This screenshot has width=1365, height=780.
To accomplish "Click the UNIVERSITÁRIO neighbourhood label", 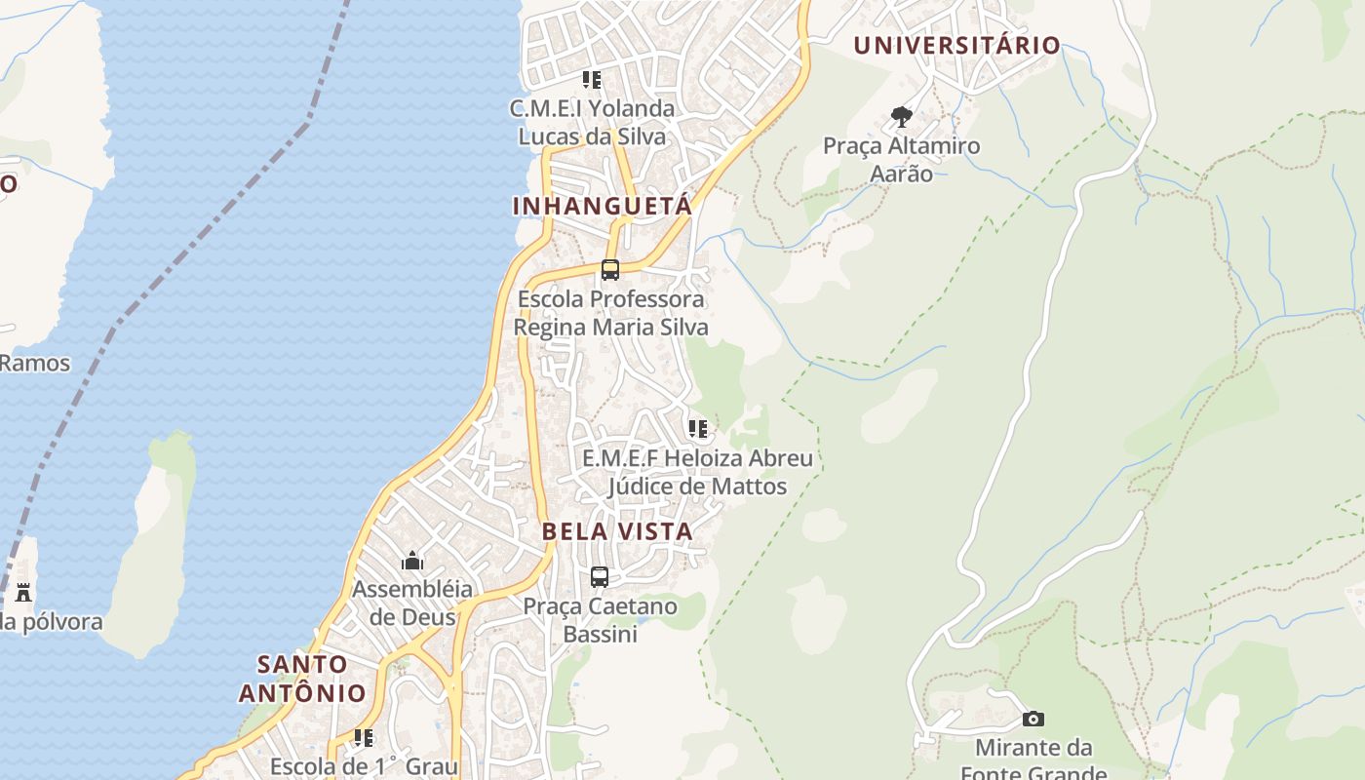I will pyautogui.click(x=956, y=45).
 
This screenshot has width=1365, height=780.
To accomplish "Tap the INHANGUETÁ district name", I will pyautogui.click(x=602, y=206).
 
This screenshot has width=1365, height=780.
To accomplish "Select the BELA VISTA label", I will pyautogui.click(x=616, y=531).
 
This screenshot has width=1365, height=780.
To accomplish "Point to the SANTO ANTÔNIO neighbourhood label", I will pyautogui.click(x=302, y=679).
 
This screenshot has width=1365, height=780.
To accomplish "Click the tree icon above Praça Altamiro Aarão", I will pyautogui.click(x=902, y=118).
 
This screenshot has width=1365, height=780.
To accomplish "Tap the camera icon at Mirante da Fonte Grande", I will pyautogui.click(x=1033, y=720).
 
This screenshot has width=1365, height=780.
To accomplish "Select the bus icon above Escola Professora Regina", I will pyautogui.click(x=610, y=270).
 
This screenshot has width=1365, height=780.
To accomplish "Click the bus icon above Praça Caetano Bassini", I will pyautogui.click(x=600, y=577).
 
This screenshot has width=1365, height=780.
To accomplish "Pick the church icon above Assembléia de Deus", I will pyautogui.click(x=412, y=561).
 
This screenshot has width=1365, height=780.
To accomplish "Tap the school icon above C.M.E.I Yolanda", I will pyautogui.click(x=592, y=79).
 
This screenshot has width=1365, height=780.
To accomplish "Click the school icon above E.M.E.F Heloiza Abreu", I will pyautogui.click(x=697, y=429).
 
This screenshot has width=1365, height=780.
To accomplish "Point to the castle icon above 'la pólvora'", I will pyautogui.click(x=23, y=592).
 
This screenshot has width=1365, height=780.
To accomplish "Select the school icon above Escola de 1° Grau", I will pyautogui.click(x=364, y=738).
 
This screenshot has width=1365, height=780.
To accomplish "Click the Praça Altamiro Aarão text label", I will pyautogui.click(x=901, y=160).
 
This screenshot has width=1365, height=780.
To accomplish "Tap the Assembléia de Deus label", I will pyautogui.click(x=411, y=604).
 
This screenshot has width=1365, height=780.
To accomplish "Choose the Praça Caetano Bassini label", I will pyautogui.click(x=600, y=620).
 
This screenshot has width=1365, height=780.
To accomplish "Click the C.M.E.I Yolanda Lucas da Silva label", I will pyautogui.click(x=592, y=122).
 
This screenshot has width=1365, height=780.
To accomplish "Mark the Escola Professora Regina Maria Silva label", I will pyautogui.click(x=610, y=313).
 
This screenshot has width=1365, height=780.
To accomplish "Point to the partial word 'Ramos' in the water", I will pyautogui.click(x=35, y=364).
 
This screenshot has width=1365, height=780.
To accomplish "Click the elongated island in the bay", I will pyautogui.click(x=151, y=546).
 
